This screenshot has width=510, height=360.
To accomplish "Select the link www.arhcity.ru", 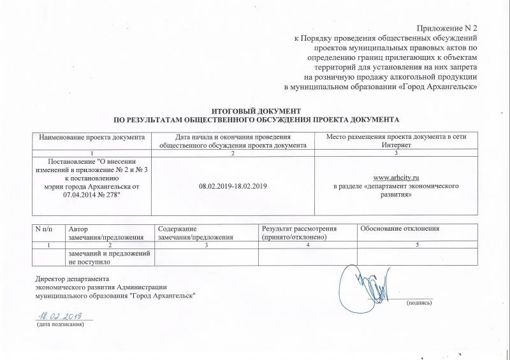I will pos(398,176).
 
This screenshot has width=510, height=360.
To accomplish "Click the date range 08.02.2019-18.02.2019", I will pos(233,185).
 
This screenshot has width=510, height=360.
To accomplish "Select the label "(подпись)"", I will pos(419,303).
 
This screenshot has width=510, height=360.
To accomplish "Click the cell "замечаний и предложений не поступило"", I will pos(109,257).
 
